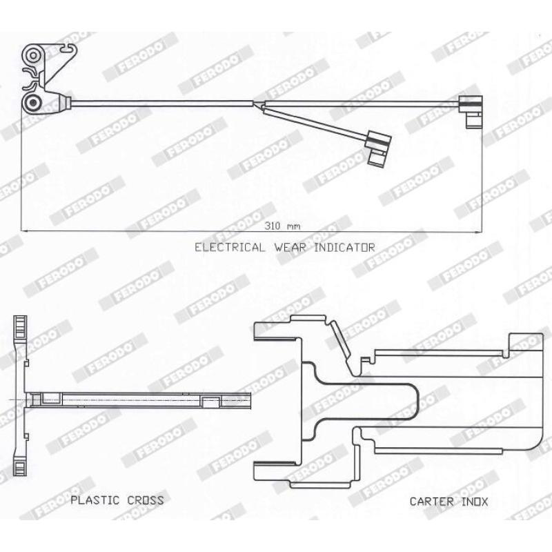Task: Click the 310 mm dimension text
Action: pyautogui.click(x=283, y=226)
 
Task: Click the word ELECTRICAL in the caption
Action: pyautogui.click(x=230, y=247)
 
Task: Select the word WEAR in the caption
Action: pyautogui.click(x=290, y=247)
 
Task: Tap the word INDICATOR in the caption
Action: pyautogui.click(x=344, y=247)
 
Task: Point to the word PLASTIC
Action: pyautogui.click(x=95, y=500)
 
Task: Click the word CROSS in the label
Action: pyautogui.click(x=146, y=500)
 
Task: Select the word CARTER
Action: pyautogui.click(x=432, y=502)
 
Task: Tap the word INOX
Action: pyautogui.click(x=475, y=502)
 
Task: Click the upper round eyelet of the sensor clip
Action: pyautogui.click(x=33, y=55)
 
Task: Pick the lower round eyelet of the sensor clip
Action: pyautogui.click(x=33, y=102)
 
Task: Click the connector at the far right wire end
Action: pyautogui.click(x=471, y=111)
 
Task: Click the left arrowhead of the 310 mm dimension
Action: pyautogui.click(x=25, y=231)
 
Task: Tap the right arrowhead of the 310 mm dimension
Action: pyautogui.click(x=477, y=232)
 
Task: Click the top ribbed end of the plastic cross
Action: pyautogui.click(x=20, y=327)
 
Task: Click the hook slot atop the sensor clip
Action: pyautogui.click(x=68, y=47)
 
